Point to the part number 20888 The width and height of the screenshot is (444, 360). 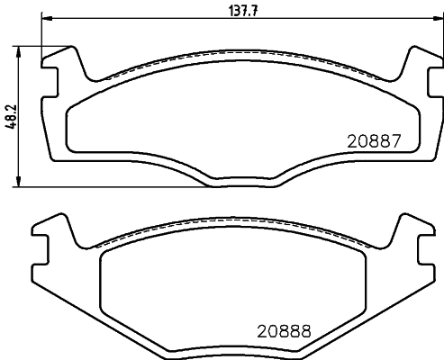[x=284, y=330]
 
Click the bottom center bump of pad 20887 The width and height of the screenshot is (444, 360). [x=242, y=184]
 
